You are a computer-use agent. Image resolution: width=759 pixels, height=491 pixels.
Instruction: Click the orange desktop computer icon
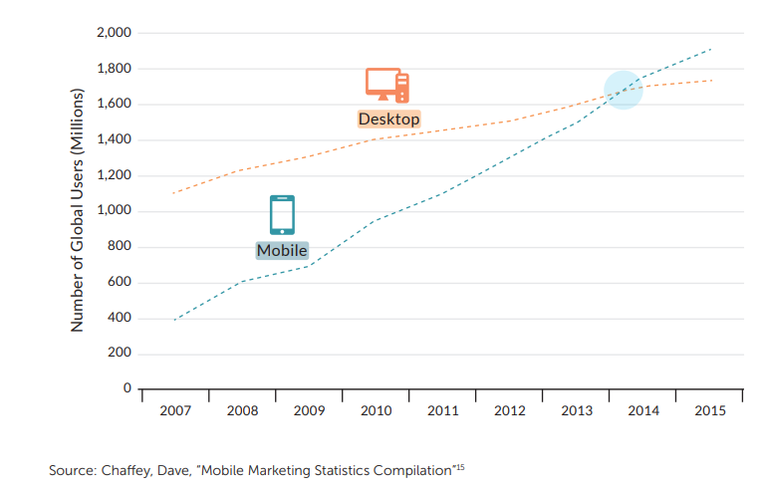386,85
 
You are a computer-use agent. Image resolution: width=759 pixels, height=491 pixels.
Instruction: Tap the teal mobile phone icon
282,214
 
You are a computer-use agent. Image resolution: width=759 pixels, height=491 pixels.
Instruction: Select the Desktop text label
388,119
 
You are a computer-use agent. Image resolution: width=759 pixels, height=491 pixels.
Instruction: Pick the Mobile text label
282,250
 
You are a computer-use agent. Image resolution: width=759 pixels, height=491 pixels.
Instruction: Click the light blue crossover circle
624,91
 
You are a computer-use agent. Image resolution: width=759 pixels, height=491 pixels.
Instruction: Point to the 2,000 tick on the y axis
115,33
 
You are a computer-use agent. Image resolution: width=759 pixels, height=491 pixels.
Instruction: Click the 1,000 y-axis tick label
115,211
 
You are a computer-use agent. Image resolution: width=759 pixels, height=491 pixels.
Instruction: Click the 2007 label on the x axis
175,411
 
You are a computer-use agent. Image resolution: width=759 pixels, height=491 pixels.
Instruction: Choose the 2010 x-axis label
376,411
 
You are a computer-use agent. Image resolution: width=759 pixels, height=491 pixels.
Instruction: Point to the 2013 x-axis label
576,411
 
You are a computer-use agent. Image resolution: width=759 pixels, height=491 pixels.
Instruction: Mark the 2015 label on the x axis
709,411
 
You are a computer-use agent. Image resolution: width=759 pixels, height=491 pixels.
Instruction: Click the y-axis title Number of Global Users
77,211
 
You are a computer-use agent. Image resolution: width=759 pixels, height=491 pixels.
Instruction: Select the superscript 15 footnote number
460,465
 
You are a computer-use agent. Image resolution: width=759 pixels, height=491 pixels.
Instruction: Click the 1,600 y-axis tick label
115,105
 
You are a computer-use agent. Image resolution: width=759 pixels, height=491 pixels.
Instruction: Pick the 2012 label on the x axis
509,411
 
